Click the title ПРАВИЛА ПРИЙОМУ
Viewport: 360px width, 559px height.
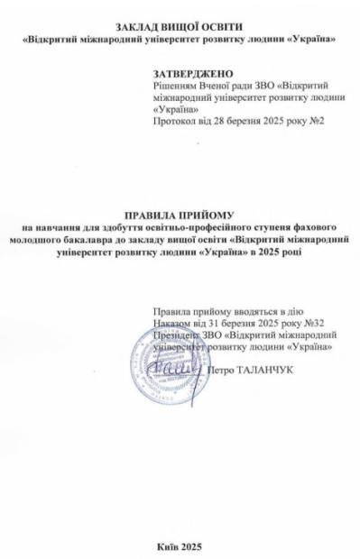click(180, 215)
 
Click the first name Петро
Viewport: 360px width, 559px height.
click(223, 369)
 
